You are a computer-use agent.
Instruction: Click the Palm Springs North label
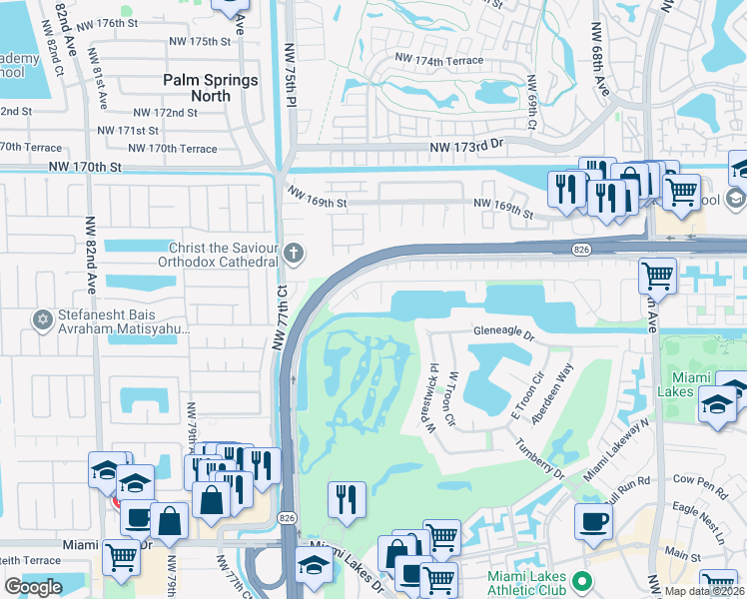(211, 88)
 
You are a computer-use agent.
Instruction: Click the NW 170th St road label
(88, 167)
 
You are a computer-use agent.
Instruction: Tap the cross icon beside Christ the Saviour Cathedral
(292, 253)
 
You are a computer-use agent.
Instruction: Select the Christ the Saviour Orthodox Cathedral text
(217, 255)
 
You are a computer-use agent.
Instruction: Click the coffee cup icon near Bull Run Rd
(593, 520)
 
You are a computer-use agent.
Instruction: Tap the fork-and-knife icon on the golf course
(347, 498)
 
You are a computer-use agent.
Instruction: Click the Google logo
(33, 587)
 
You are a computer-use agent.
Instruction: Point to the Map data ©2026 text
(705, 591)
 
